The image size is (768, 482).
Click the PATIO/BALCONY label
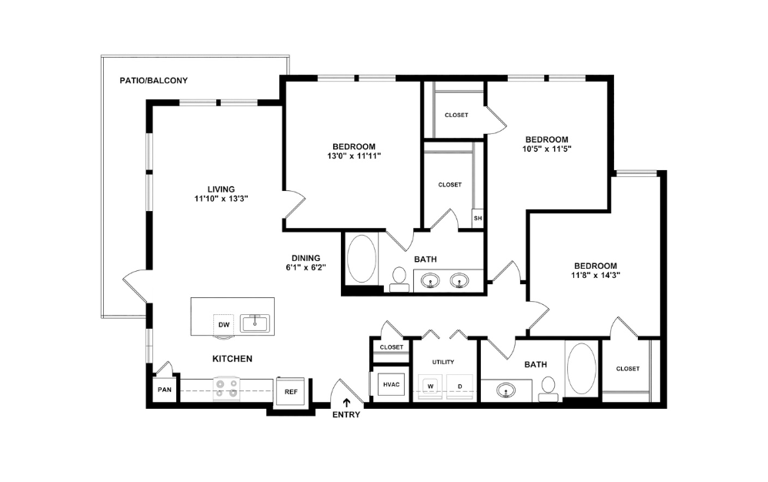coord(154,80)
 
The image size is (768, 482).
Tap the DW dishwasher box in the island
coord(223,324)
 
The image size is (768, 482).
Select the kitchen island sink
coord(255,323)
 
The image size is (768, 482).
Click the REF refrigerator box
coord(290,391)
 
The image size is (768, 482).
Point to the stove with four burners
coord(225,387)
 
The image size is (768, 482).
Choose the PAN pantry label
coord(164,390)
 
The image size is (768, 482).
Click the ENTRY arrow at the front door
coord(346,402)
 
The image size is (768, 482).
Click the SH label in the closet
coord(477,219)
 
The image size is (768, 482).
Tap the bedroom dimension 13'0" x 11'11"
coord(354,156)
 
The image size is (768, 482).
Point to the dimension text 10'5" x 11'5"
coord(547,148)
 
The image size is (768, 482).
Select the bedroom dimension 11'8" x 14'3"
coord(595,274)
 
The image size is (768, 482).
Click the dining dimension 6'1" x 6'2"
coord(306,268)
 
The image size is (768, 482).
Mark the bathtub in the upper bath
coord(361,259)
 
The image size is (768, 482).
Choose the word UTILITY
coord(442,362)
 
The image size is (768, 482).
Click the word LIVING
coord(220,189)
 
